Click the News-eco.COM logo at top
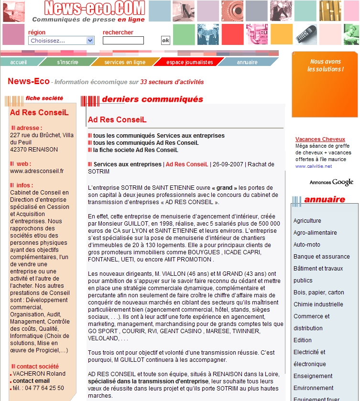(87, 8)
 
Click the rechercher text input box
(123, 41)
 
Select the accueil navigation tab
(19, 62)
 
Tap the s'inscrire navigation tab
(67, 62)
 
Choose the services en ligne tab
(125, 62)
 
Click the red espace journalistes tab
(189, 62)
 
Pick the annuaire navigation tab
(247, 62)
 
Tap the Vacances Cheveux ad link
(320, 140)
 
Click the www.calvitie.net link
(313, 166)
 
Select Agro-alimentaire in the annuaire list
(315, 233)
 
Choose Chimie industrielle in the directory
(318, 304)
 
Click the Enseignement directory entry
(313, 376)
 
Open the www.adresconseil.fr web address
(37, 171)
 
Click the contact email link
(31, 381)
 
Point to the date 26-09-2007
(228, 164)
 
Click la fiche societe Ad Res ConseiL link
(135, 150)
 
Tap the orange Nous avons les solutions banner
(325, 84)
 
